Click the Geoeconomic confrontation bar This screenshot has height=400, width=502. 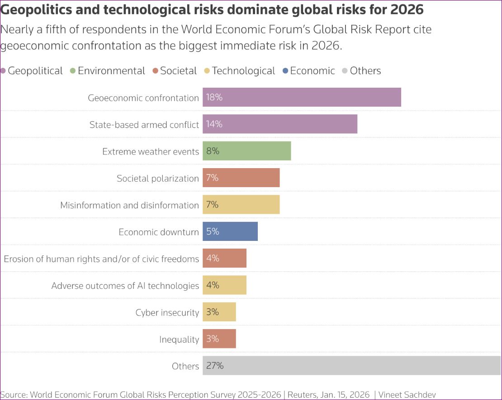click(x=302, y=97)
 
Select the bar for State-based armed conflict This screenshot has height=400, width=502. click(x=280, y=124)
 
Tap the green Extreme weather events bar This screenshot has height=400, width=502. click(x=246, y=151)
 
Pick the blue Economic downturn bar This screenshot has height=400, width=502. click(x=230, y=231)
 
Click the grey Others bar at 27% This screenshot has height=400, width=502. click(x=352, y=366)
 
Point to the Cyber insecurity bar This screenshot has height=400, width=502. click(x=219, y=312)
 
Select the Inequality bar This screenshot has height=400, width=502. click(x=219, y=339)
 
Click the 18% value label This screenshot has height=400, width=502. click(x=214, y=97)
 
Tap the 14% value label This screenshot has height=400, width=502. click(x=214, y=124)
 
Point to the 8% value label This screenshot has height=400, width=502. click(x=213, y=151)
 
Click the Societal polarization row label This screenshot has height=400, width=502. click(x=157, y=178)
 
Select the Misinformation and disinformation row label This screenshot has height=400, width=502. click(x=129, y=205)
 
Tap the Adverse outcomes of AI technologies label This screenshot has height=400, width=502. click(x=125, y=286)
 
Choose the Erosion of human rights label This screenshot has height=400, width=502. click(x=101, y=259)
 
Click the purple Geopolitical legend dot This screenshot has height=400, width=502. click(x=3, y=71)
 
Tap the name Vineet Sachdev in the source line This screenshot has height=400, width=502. click(x=407, y=395)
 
